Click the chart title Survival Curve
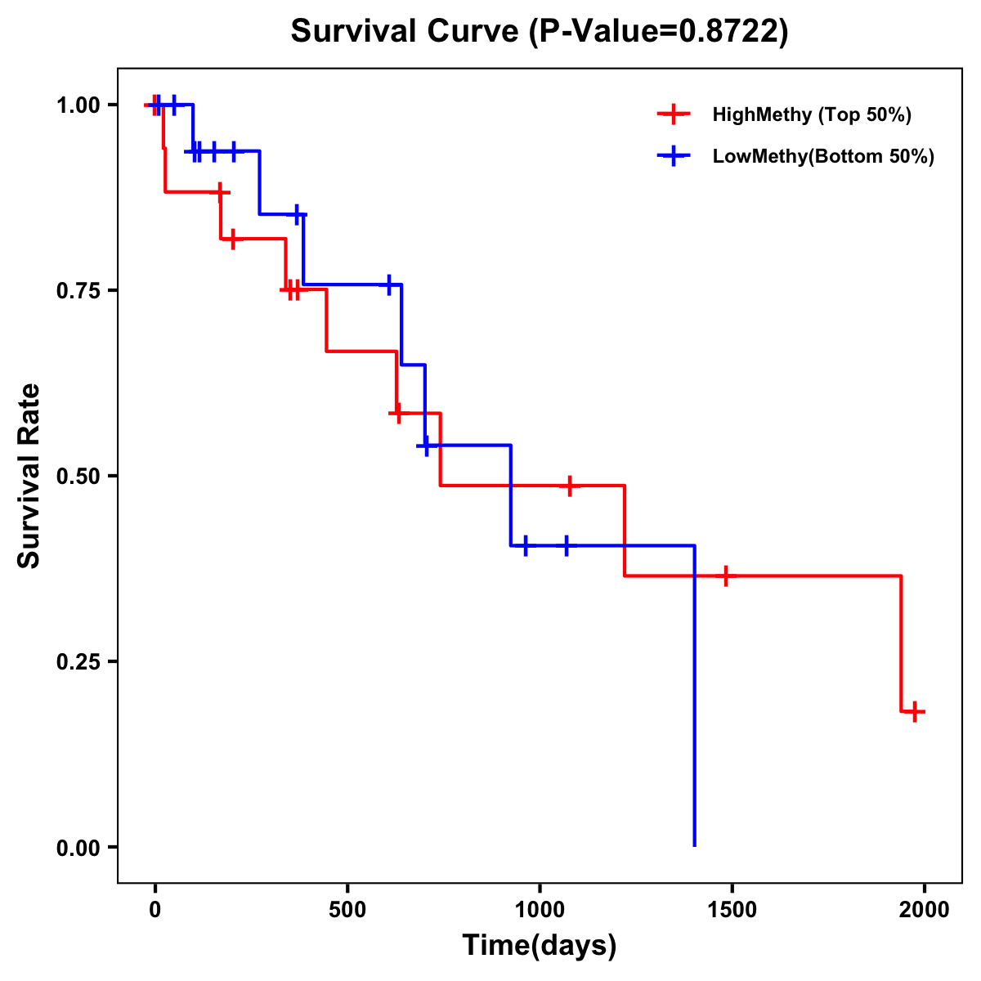(405, 32)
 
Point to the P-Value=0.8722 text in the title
(658, 32)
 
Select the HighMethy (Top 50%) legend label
(812, 114)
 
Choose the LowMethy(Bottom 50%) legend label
(823, 156)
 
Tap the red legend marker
(673, 114)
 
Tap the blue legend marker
(673, 156)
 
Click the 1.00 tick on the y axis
(78, 105)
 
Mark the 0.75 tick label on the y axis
(78, 290)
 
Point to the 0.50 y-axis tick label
(78, 476)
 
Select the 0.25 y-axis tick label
(78, 661)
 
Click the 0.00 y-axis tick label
(78, 847)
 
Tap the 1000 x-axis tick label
(540, 910)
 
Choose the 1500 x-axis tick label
(732, 910)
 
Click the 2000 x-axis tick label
(924, 910)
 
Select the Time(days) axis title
(540, 945)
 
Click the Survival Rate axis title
(29, 476)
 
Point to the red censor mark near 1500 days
(724, 576)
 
